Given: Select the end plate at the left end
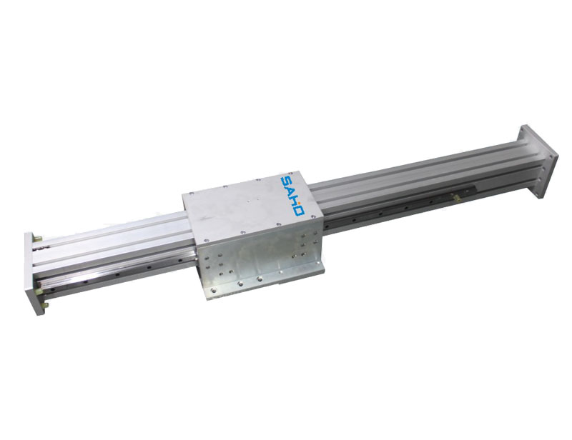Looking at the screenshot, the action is (x=32, y=274).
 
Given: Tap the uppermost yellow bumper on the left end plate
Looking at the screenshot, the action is (x=37, y=238).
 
